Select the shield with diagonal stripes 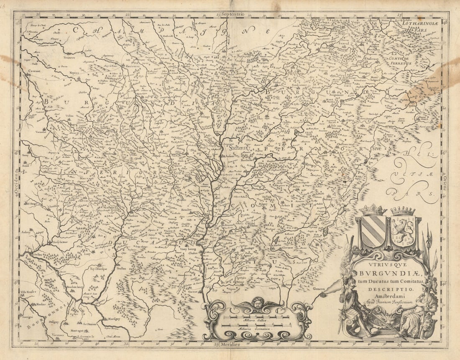pyautogui.click(x=373, y=231)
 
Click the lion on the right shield pyautogui.click(x=403, y=231)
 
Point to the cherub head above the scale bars pyautogui.click(x=258, y=303)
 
